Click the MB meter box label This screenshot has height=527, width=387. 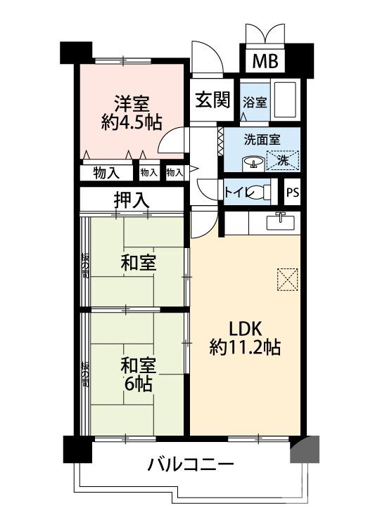coord(265,61)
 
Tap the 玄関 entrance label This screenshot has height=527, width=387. coord(213,100)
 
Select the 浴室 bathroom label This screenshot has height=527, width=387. coord(255,102)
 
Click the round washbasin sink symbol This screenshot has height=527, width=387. coord(252,162)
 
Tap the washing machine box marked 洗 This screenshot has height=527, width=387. coord(283,160)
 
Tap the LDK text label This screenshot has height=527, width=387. coord(244,328)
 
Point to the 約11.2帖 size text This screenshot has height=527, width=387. coord(245,346)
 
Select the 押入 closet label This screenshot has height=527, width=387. coord(132,199)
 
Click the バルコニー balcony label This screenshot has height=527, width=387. coord(191,465)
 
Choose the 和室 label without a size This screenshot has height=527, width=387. coord(138,264)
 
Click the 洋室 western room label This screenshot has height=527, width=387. coord(131,103)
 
